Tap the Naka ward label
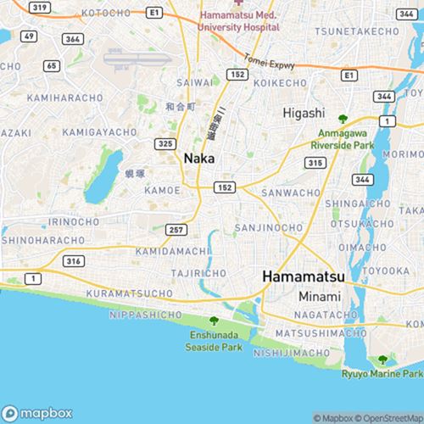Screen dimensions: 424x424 (198, 158)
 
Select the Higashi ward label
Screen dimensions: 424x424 (304, 112)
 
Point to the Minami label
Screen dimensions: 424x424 (319, 297)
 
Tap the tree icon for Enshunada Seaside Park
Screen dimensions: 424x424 (214, 320)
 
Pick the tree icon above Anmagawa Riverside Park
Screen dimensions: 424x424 (343, 119)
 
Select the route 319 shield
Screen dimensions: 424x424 (38, 7)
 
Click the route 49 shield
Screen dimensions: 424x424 (29, 36)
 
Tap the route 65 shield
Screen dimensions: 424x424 (52, 65)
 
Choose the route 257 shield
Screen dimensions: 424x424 (176, 230)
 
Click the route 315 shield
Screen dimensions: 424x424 (315, 162)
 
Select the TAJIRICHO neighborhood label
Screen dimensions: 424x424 (197, 274)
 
